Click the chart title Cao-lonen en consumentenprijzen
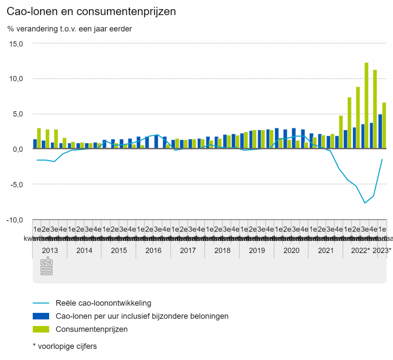click(x=91, y=12)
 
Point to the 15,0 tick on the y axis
click(x=16, y=44)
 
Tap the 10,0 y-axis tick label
click(x=16, y=79)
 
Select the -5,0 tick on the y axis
click(x=16, y=184)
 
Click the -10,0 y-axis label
click(x=15, y=220)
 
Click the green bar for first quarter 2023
click(x=383, y=125)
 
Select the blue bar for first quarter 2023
click(x=380, y=131)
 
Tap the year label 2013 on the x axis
click(x=50, y=251)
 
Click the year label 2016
click(x=154, y=251)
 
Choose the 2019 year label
click(x=257, y=251)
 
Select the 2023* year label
click(x=382, y=251)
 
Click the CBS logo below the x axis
click(x=46, y=266)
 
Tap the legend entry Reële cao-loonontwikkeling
click(x=103, y=303)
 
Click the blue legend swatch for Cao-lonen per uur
click(x=41, y=316)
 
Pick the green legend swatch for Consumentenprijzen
click(x=41, y=329)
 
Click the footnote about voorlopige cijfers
click(x=65, y=346)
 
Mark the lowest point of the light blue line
click(x=365, y=203)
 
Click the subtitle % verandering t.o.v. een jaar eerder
click(x=69, y=29)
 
